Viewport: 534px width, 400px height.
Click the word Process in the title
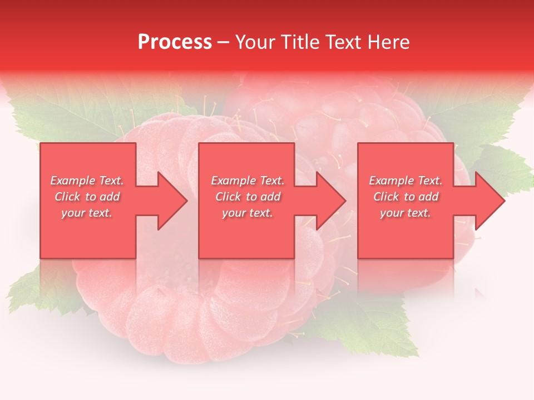click(175, 42)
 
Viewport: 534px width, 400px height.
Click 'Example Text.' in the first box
click(87, 181)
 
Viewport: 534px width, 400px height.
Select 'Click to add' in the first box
click(87, 197)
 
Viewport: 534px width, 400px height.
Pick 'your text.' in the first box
click(87, 213)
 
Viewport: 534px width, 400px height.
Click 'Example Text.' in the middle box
click(248, 181)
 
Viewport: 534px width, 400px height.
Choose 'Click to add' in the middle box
click(248, 197)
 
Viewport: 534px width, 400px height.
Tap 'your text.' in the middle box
click(248, 213)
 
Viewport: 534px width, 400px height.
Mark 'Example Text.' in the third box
click(406, 181)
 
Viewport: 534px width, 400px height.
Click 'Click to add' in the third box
click(406, 197)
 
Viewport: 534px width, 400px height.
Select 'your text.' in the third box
click(406, 213)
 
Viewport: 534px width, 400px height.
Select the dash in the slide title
click(223, 43)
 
